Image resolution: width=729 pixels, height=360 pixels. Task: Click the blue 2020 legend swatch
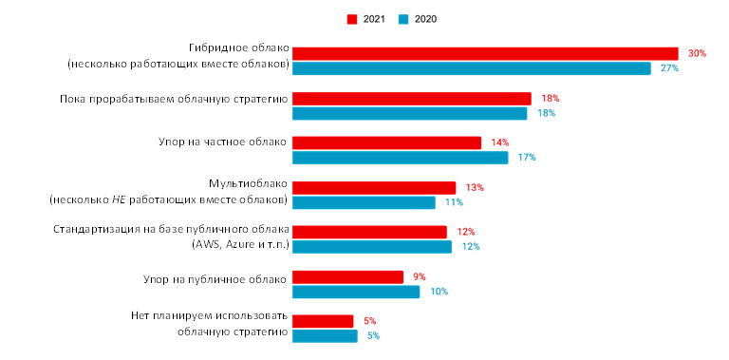pyautogui.click(x=403, y=19)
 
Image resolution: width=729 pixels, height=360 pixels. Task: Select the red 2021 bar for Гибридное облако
pyautogui.click(x=485, y=53)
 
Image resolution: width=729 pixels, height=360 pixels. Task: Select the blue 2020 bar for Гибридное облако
pyautogui.click(x=471, y=68)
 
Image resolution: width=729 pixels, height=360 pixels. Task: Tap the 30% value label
pyautogui.click(x=698, y=53)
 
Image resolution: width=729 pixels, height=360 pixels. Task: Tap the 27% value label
pyautogui.click(x=670, y=68)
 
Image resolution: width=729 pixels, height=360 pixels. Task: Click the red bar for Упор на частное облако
pyautogui.click(x=386, y=142)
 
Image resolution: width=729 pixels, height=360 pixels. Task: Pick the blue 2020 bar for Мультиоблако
pyautogui.click(x=364, y=202)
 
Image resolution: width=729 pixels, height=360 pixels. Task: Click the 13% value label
pyautogui.click(x=475, y=187)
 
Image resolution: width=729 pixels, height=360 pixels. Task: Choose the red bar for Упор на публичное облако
pyautogui.click(x=347, y=276)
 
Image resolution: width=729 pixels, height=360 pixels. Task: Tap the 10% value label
pyautogui.click(x=439, y=292)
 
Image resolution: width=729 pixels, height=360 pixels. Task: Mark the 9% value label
pyautogui.click(x=419, y=276)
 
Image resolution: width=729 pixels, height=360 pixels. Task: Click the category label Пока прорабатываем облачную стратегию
pyautogui.click(x=172, y=98)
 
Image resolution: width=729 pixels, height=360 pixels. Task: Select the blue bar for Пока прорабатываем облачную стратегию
pyautogui.click(x=409, y=113)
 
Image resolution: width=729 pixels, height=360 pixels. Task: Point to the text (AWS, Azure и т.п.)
pyautogui.click(x=238, y=245)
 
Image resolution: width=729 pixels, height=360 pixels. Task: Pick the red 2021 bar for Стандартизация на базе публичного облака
pyautogui.click(x=369, y=232)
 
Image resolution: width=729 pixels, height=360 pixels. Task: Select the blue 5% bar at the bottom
pyautogui.click(x=325, y=335)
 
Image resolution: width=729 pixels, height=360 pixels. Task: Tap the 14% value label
pyautogui.click(x=499, y=142)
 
